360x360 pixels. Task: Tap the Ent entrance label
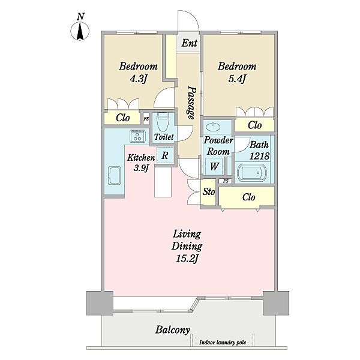click(x=189, y=43)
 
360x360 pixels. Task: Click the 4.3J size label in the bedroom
click(x=138, y=79)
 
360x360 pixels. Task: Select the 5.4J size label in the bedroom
click(x=237, y=79)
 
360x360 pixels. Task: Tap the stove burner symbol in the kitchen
click(x=138, y=136)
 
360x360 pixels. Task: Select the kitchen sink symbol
click(x=115, y=175)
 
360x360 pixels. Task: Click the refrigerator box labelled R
click(x=165, y=155)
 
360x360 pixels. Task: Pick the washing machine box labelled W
click(x=214, y=166)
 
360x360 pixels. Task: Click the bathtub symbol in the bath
click(x=252, y=172)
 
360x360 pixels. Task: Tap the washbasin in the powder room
click(x=213, y=127)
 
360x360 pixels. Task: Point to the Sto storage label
click(x=209, y=191)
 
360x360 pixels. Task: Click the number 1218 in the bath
click(x=259, y=156)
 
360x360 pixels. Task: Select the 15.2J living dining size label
click(x=187, y=259)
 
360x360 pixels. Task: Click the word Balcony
click(x=173, y=330)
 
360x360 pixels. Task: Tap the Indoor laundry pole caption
click(x=223, y=343)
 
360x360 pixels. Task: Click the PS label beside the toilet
click(x=146, y=119)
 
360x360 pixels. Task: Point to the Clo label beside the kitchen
click(x=123, y=118)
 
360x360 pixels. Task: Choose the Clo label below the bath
click(x=248, y=197)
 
